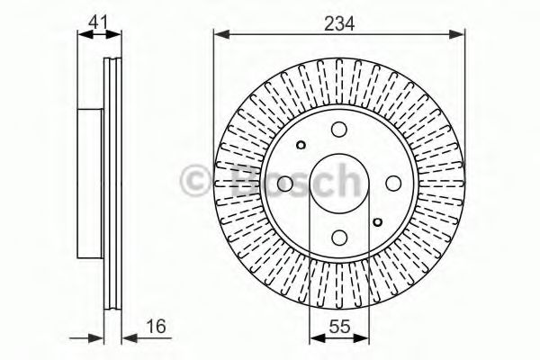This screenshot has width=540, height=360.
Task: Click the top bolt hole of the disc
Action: [x=338, y=130]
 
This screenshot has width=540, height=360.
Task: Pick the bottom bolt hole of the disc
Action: [x=338, y=237]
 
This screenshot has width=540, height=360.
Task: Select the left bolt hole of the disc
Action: [x=284, y=184]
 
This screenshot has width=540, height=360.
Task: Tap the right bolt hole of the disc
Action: [x=392, y=184]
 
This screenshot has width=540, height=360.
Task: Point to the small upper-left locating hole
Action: [x=301, y=145]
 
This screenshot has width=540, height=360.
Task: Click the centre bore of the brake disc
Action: [x=338, y=184]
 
